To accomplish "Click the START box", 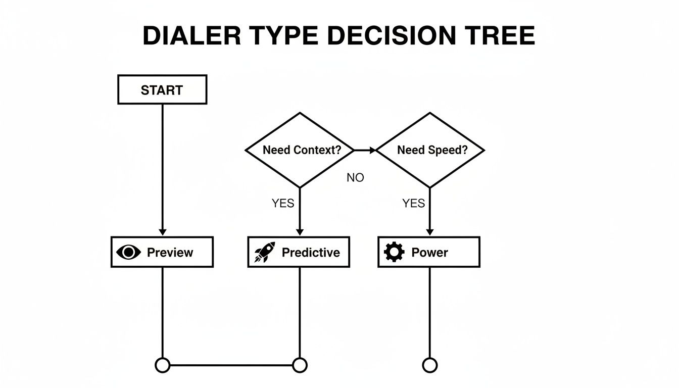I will click(x=162, y=90).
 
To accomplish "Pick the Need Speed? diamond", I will click(x=430, y=150).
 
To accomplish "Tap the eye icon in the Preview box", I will click(x=128, y=252).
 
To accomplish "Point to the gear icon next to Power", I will click(x=394, y=252).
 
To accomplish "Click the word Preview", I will click(x=170, y=253).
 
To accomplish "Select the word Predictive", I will click(x=311, y=253).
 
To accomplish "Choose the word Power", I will click(x=429, y=253).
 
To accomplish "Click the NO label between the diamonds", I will click(x=355, y=178).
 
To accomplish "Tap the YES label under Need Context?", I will click(x=283, y=203).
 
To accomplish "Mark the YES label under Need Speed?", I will click(x=413, y=203).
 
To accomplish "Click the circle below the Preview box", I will click(x=162, y=365).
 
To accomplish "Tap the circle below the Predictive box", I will click(x=300, y=365).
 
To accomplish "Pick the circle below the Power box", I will click(x=430, y=365).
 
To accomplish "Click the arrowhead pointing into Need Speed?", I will click(x=372, y=150).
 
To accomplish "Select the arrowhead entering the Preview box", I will click(x=162, y=232).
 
